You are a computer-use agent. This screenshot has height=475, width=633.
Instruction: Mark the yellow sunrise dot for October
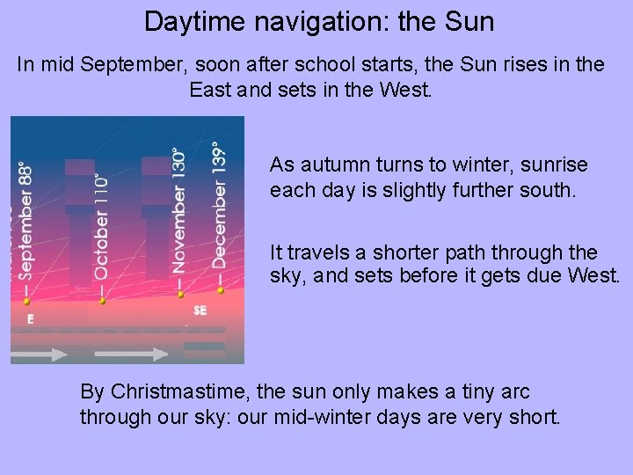click(x=102, y=301)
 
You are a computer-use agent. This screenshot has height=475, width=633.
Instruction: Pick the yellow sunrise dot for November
click(x=180, y=296)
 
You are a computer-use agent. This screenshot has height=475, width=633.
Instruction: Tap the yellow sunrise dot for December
click(x=220, y=289)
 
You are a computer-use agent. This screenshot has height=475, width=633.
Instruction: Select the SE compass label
click(x=200, y=311)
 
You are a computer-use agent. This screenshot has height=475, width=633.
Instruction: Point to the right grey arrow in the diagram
click(x=132, y=354)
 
